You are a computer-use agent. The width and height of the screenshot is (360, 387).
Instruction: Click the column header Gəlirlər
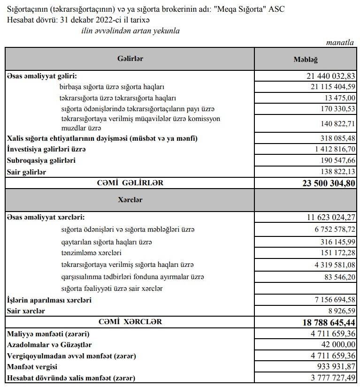pos(130,59)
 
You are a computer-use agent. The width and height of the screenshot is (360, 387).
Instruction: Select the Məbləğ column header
pos(306,60)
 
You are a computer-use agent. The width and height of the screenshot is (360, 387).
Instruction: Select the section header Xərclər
pos(130,200)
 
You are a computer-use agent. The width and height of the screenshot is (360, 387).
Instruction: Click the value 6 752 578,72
pos(331,230)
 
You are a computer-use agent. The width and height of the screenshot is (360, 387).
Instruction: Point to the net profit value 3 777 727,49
pos(331,379)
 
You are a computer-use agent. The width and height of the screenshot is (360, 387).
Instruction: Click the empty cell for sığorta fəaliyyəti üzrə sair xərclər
pos(306,288)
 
